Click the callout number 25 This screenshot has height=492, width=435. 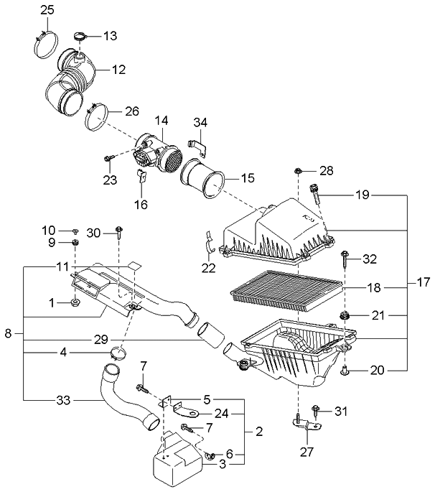tap(47, 9)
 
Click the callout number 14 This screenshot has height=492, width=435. tap(162, 121)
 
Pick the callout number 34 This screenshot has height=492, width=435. tap(200, 121)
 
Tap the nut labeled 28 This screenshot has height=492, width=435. tap(298, 172)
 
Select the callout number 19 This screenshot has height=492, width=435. tap(362, 194)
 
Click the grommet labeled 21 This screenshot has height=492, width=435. tap(345, 315)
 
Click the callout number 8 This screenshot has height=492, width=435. tap(9, 334)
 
